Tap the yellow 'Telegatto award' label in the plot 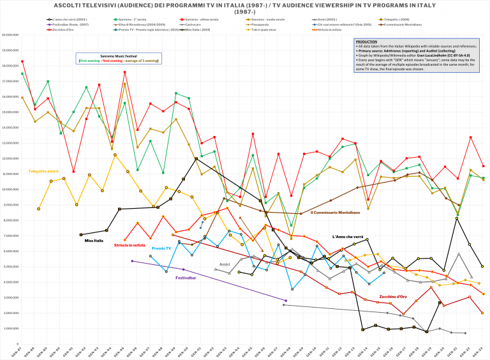43,171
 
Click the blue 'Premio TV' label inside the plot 161,248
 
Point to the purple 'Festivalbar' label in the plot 186,278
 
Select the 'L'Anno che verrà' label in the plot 348,236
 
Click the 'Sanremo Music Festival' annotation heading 119,56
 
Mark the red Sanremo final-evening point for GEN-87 22,61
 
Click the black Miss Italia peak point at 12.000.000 196,158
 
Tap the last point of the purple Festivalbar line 286,300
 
